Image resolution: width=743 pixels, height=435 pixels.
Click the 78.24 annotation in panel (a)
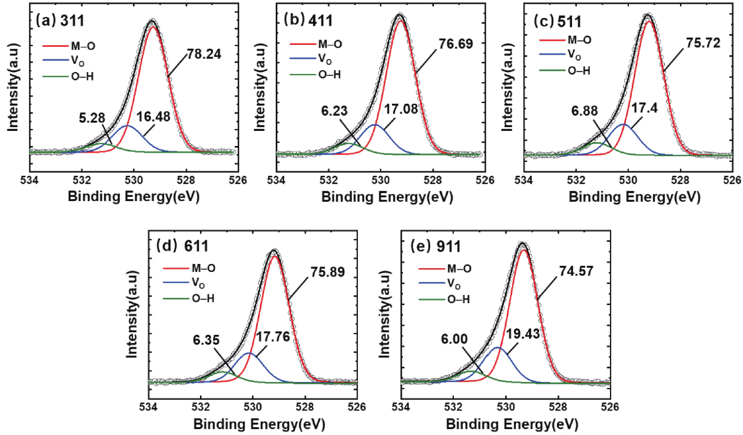coord(203,54)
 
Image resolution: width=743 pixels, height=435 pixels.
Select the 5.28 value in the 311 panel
coord(92,118)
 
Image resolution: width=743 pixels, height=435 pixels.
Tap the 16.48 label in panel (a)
coord(153,117)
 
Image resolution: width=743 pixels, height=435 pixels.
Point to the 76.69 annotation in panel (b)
coord(456,44)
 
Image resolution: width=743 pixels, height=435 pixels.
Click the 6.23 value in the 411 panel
coord(334,111)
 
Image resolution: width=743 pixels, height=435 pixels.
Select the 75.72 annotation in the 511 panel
coord(703,43)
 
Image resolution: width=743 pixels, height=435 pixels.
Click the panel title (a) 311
coord(60,21)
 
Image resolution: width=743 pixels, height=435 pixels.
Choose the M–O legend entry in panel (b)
coord(330,44)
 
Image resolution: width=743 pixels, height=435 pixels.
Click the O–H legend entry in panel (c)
coord(579,71)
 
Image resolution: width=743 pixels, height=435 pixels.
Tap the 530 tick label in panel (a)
coord(134,180)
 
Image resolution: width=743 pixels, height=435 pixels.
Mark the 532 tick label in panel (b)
coord(328,180)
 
